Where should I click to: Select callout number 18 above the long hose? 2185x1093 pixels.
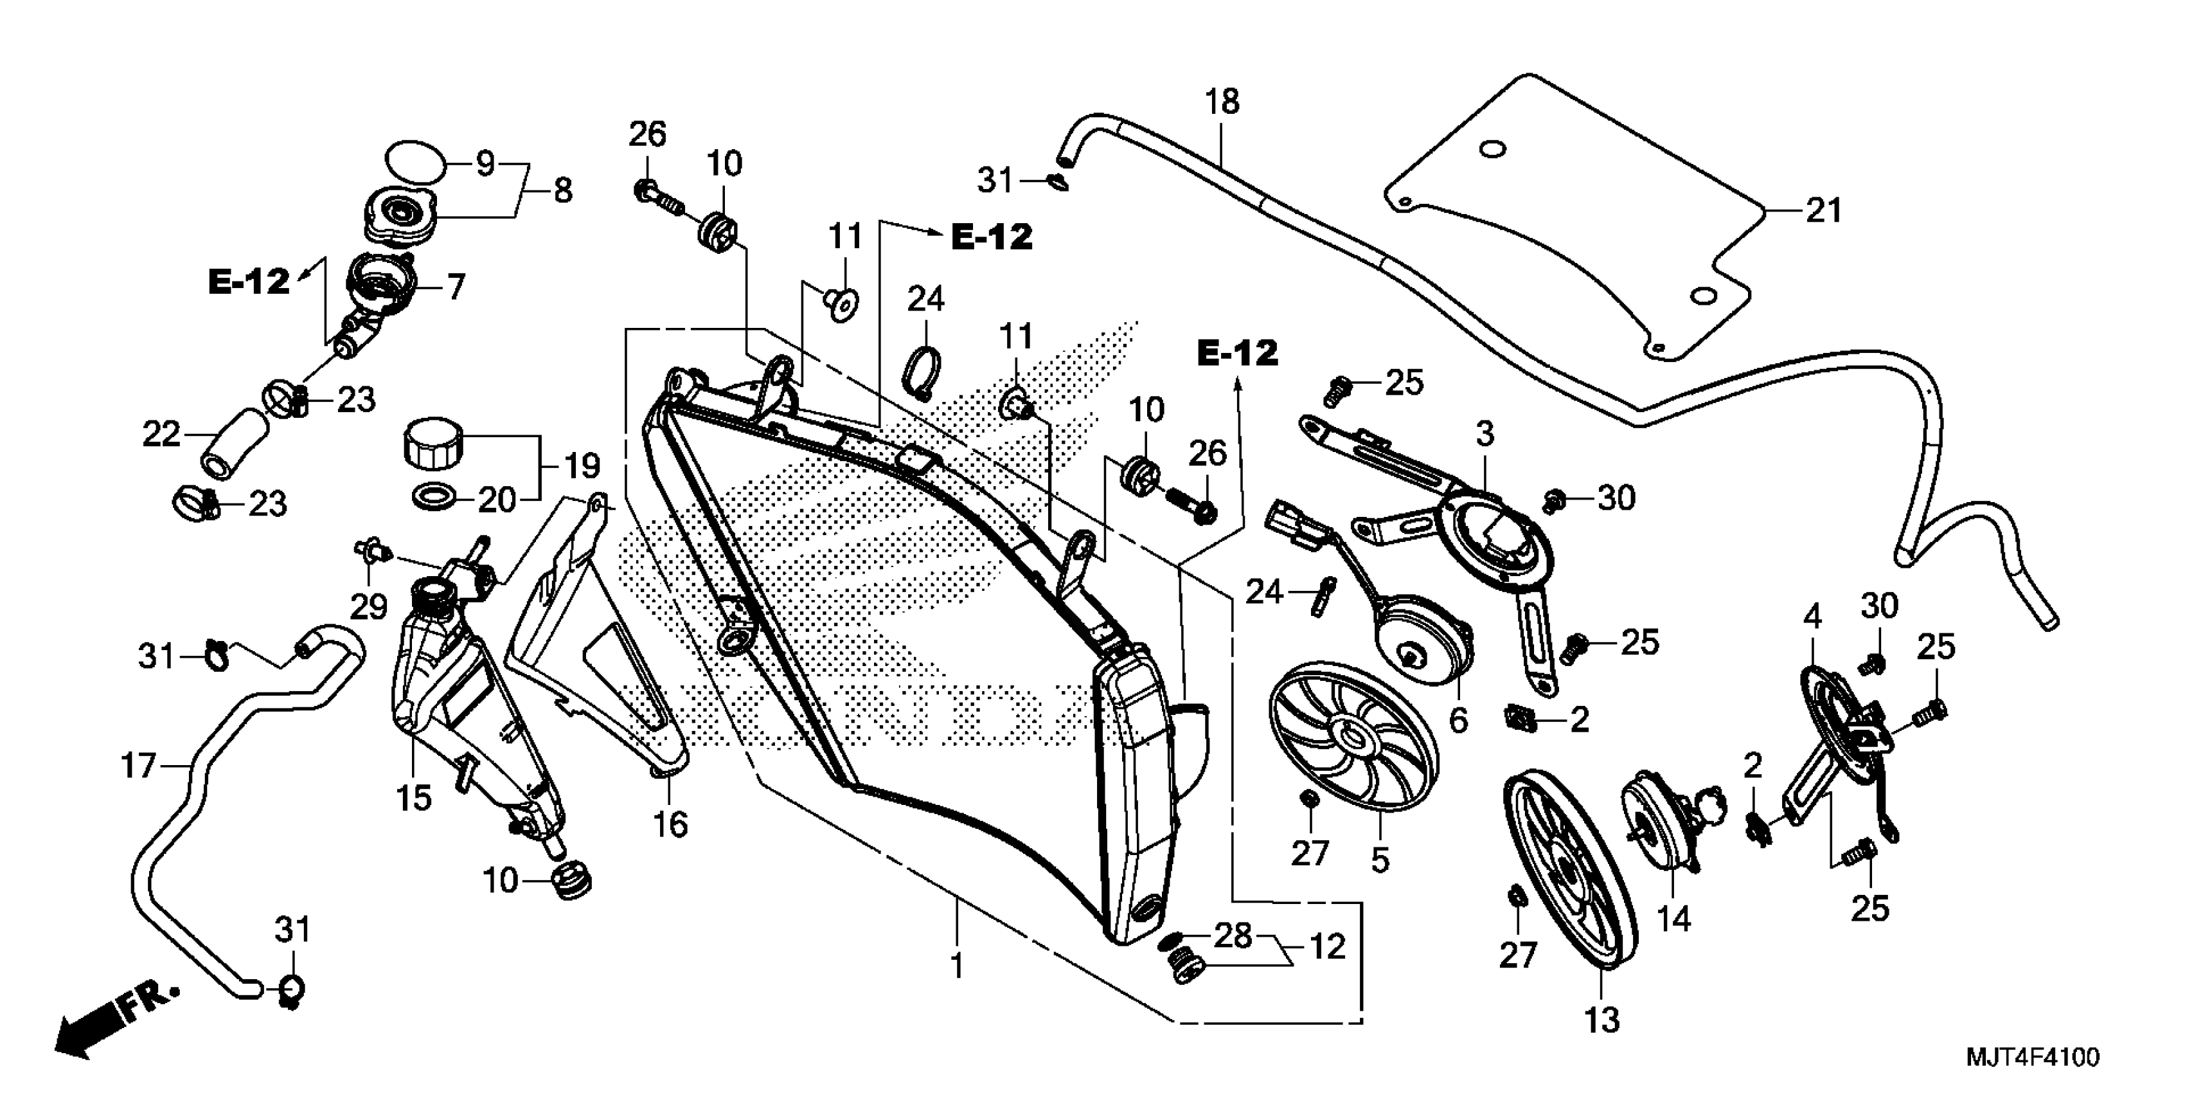click(x=1222, y=102)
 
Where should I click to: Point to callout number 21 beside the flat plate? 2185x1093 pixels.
click(x=1824, y=210)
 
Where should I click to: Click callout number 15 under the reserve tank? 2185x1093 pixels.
click(x=414, y=798)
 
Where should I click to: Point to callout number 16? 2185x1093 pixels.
click(x=670, y=824)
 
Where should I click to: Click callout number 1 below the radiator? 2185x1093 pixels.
click(x=957, y=966)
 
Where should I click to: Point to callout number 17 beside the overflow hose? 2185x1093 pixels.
click(x=139, y=766)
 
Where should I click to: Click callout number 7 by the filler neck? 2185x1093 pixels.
click(x=456, y=287)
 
